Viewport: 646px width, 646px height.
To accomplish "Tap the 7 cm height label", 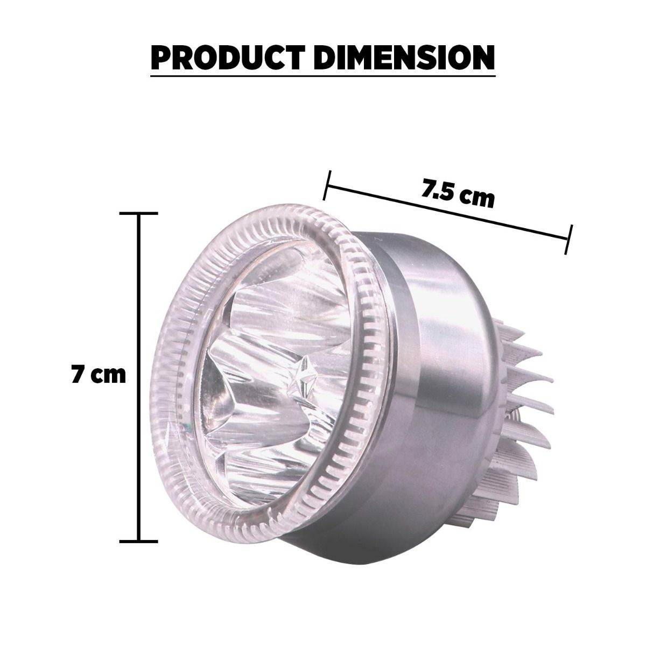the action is pyautogui.click(x=99, y=375).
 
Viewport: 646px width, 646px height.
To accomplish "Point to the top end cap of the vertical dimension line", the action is pyautogui.click(x=139, y=213).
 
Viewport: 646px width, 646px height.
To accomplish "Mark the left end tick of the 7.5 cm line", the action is pyautogui.click(x=327, y=185).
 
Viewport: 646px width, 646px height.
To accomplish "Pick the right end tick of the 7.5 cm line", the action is pyautogui.click(x=568, y=240).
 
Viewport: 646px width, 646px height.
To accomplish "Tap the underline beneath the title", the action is pyautogui.click(x=323, y=76).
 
